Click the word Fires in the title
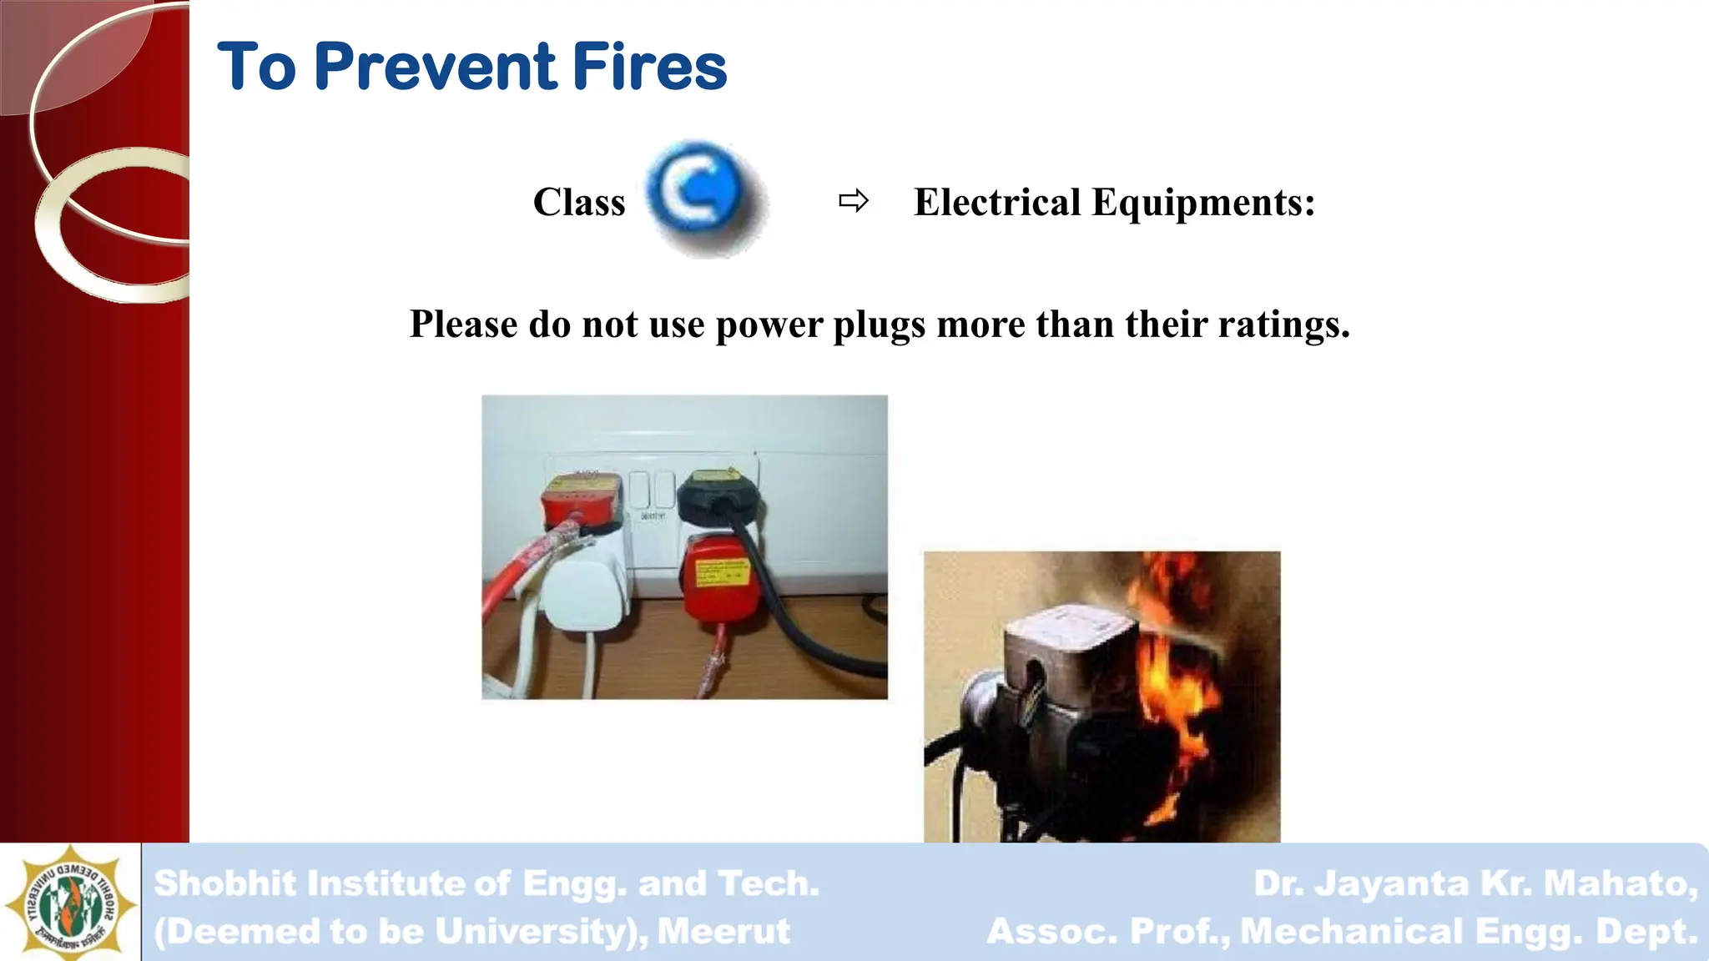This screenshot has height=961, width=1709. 650,67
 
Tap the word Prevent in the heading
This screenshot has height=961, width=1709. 436,67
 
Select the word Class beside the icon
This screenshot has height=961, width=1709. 579,203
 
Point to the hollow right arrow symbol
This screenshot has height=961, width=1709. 854,201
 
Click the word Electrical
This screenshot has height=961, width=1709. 997,203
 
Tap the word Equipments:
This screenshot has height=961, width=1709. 1203,203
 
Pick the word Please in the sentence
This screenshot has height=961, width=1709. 463,325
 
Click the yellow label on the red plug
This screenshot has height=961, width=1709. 723,573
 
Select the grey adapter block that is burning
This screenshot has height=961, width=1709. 1068,659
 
